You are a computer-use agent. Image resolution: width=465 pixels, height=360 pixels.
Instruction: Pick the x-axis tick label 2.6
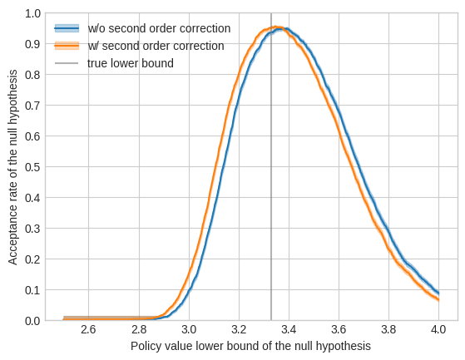tap(88, 330)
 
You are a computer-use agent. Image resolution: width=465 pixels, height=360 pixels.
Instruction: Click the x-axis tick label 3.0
tap(189, 330)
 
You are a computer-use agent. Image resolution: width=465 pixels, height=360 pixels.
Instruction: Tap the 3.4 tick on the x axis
tap(289, 330)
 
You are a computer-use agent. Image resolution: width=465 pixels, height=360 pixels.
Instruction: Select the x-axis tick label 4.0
tap(438, 330)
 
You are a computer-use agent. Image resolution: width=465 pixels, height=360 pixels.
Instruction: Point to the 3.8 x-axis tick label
tap(388, 330)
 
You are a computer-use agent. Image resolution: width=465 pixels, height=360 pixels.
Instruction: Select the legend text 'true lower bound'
tap(131, 63)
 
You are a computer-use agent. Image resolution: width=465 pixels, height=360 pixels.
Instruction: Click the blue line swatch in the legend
tap(67, 28)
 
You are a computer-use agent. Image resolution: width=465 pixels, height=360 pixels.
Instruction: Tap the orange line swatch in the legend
tap(67, 46)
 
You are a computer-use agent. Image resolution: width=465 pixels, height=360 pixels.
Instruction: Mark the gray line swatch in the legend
tap(67, 63)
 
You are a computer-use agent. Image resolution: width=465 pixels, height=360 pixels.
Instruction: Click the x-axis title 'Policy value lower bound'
tap(250, 345)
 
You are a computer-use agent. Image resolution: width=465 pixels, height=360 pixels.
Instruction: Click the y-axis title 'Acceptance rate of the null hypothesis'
tap(13, 166)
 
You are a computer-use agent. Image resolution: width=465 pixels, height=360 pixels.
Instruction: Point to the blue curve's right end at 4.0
tap(438, 293)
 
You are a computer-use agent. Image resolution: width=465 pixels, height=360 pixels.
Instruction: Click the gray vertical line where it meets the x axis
tap(271, 320)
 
